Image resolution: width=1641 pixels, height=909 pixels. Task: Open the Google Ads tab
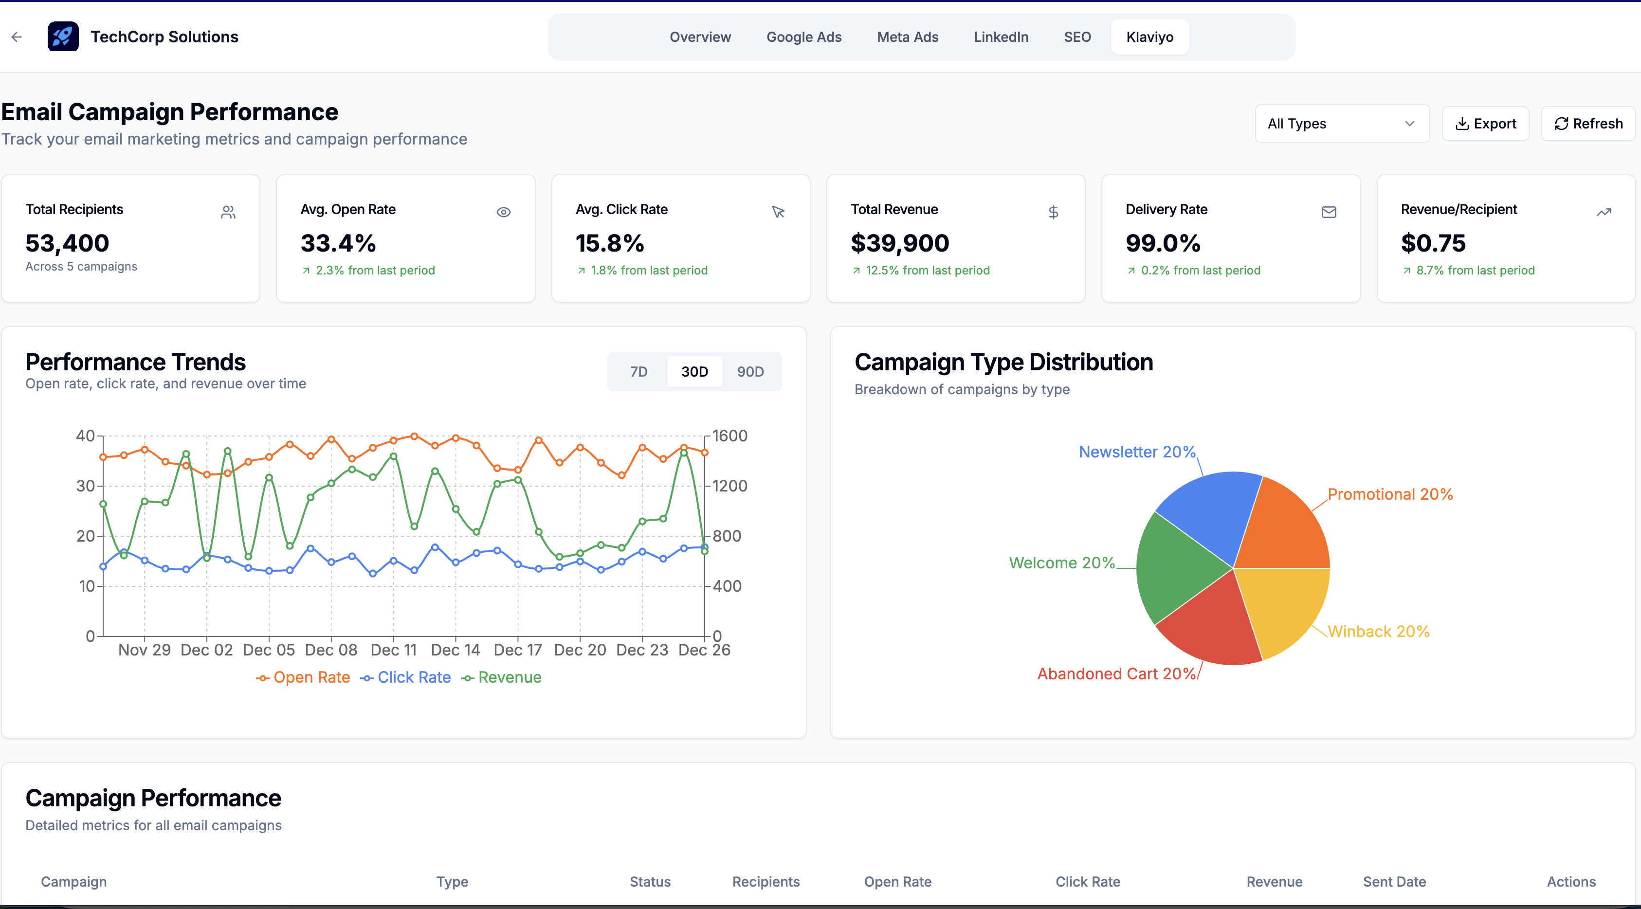[x=803, y=37]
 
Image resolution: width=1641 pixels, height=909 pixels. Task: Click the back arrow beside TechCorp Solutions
[x=17, y=37]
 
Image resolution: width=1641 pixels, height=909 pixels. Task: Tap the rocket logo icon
[x=63, y=36]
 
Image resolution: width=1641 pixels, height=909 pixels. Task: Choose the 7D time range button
[x=638, y=371]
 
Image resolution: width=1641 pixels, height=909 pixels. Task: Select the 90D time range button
[x=750, y=371]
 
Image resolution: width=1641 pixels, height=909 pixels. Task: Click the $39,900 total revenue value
[x=899, y=243]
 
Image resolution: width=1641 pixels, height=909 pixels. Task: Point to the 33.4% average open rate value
[x=338, y=243]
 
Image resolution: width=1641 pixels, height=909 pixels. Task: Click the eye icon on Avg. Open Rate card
[x=503, y=212]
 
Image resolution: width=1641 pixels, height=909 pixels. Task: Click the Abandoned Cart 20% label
[x=1116, y=674]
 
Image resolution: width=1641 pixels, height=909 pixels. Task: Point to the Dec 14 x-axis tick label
[x=455, y=650]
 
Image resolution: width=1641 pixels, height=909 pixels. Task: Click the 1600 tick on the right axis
[x=729, y=436]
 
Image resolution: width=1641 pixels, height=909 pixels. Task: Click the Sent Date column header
[x=1394, y=882]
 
